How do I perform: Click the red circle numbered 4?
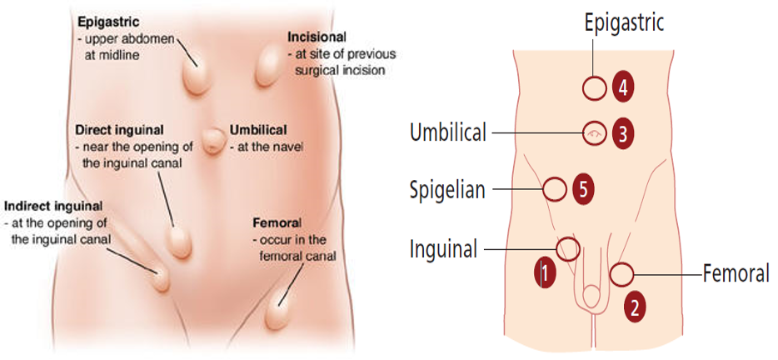622,87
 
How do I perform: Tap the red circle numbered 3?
622,133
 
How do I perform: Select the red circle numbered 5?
584,190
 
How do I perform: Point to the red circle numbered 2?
636,307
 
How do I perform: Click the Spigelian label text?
447,190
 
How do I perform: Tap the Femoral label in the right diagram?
736,273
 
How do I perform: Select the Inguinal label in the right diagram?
444,248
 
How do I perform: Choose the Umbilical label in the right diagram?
448,132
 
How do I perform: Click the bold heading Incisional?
317,38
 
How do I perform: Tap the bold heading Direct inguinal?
119,131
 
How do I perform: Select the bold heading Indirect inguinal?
53,206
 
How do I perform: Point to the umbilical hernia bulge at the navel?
215,139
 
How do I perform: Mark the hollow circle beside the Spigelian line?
555,190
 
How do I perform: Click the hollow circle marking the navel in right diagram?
594,133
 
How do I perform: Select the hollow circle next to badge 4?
594,88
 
